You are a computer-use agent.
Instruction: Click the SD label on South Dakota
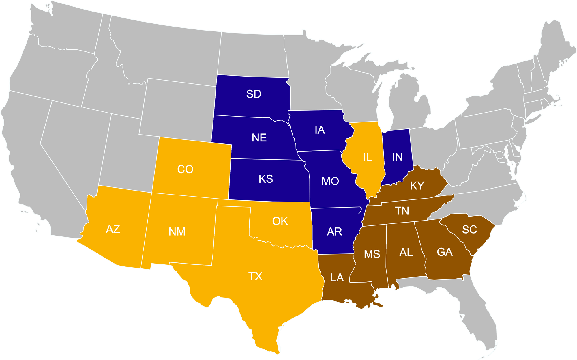point(254,94)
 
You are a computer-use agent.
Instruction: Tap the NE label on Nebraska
point(259,138)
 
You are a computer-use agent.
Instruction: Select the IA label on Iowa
point(320,130)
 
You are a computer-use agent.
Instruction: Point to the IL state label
point(367,157)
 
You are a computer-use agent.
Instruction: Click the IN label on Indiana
point(397,157)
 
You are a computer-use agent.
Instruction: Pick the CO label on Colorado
point(185,169)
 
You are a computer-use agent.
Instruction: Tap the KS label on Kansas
point(266,179)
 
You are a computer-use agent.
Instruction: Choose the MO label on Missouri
point(330,181)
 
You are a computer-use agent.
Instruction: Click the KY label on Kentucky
point(417,186)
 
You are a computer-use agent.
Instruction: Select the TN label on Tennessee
point(402,211)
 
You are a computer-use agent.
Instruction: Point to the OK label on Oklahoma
point(280,221)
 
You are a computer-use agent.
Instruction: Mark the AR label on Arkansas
point(334,232)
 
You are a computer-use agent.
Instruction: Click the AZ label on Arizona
point(113,229)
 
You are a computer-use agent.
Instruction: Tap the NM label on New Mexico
point(177,232)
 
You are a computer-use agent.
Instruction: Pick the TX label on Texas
point(255,277)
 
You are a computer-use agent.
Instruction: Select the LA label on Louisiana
point(337,278)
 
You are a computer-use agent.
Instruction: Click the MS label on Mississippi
point(372,254)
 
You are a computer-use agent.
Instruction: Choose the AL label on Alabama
point(406,253)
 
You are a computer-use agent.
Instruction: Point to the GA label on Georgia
point(445,252)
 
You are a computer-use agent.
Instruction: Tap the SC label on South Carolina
point(469,230)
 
